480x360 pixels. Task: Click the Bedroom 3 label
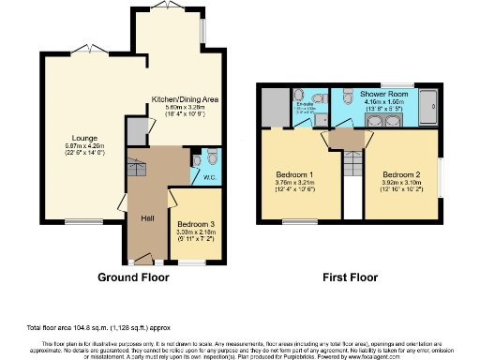point(196,224)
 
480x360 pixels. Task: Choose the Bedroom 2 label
point(400,174)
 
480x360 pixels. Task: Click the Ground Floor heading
point(134,278)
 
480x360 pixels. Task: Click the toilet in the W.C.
point(211,157)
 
